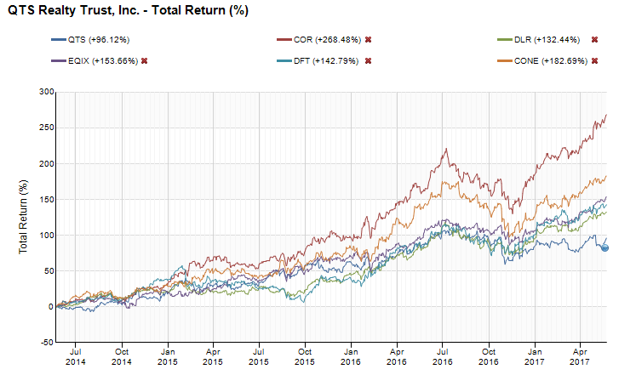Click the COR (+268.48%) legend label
pyautogui.click(x=327, y=40)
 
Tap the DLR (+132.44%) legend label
pyautogui.click(x=547, y=40)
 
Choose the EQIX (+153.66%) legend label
pyautogui.click(x=103, y=61)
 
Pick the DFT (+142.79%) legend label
pyautogui.click(x=326, y=61)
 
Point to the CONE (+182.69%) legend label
pyautogui.click(x=551, y=61)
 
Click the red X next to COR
pyautogui.click(x=369, y=40)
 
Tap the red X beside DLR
pyautogui.click(x=594, y=40)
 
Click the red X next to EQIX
pyautogui.click(x=145, y=61)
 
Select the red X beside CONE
pyautogui.click(x=594, y=61)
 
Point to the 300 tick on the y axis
pyautogui.click(x=46, y=92)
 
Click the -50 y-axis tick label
pyautogui.click(x=47, y=342)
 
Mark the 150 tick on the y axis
pyautogui.click(x=46, y=199)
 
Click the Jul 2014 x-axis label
pyautogui.click(x=76, y=357)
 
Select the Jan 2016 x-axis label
pyautogui.click(x=351, y=357)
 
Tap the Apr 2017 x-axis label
pyautogui.click(x=580, y=357)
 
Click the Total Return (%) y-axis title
pyautogui.click(x=23, y=217)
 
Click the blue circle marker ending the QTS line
pyautogui.click(x=604, y=247)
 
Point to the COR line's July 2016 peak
pyautogui.click(x=447, y=149)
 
